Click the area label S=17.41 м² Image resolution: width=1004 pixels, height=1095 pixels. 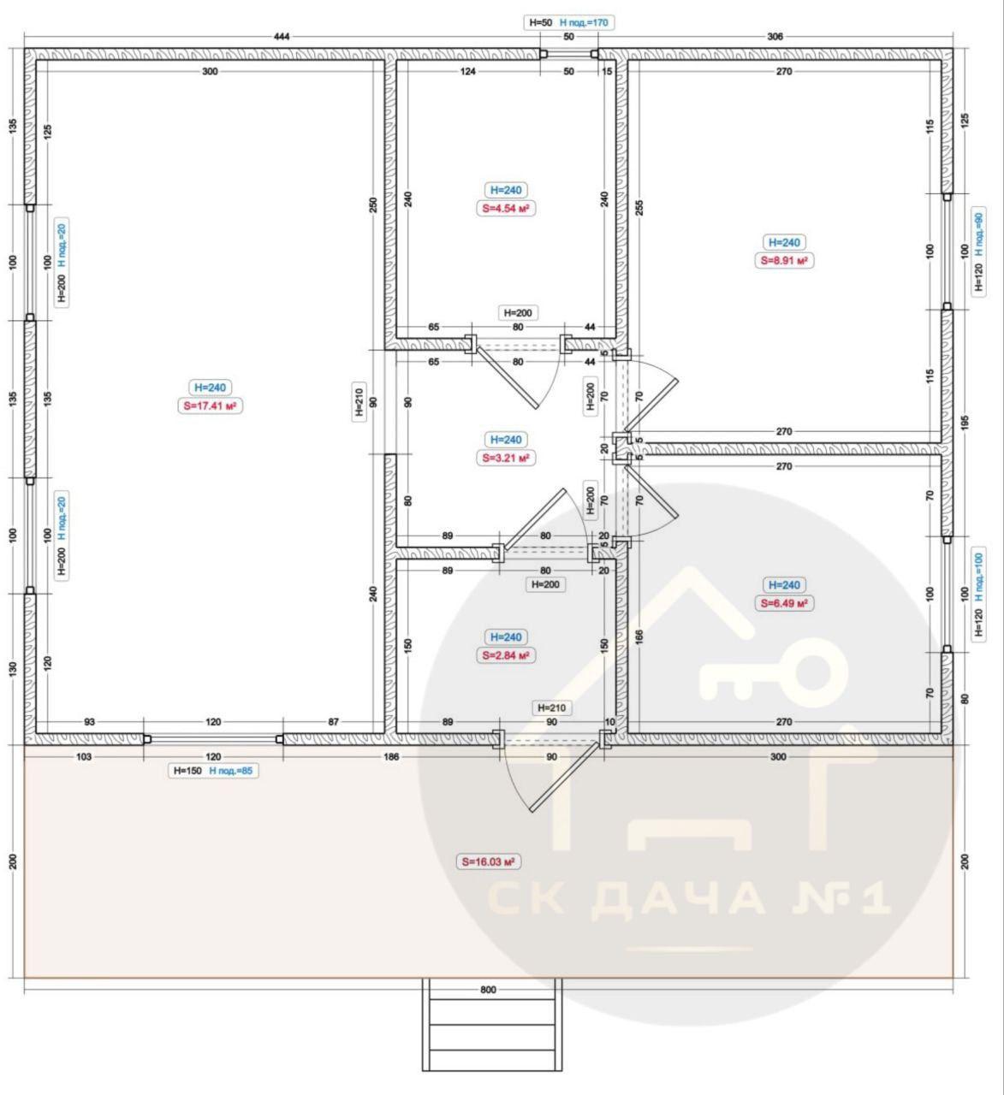pos(211,406)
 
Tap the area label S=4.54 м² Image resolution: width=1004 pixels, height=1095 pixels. pos(506,209)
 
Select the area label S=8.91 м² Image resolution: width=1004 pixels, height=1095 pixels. pos(784,261)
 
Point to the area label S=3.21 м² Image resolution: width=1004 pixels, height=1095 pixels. pos(506,458)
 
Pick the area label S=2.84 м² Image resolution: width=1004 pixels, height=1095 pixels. pos(506,655)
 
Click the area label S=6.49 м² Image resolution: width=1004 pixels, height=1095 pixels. pos(784,603)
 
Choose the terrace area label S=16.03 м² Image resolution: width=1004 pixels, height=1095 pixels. pos(489,862)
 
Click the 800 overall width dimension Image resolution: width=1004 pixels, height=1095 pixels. pos(489,990)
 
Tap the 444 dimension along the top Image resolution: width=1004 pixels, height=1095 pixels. pos(282,37)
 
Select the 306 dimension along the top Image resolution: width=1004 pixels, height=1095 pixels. pos(775,37)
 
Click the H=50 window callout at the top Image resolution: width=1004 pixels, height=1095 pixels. pos(541,22)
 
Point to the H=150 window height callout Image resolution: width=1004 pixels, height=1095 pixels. pos(187,771)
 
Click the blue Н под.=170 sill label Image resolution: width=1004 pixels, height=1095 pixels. pos(584,22)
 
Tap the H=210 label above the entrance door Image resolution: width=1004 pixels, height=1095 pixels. pos(552,708)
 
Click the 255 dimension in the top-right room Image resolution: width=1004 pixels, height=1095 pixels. pos(639,208)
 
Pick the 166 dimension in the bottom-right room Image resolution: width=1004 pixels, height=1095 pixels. pos(639,637)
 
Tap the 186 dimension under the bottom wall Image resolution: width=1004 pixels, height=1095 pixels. pos(392,756)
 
